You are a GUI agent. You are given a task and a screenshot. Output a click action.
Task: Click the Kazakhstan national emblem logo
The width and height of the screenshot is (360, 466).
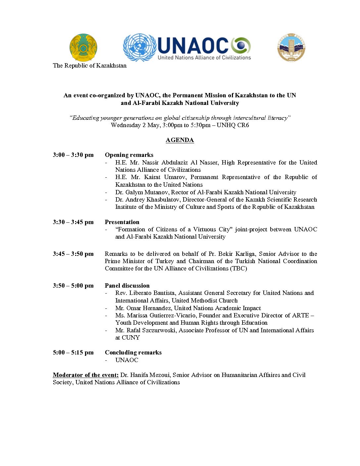(83, 47)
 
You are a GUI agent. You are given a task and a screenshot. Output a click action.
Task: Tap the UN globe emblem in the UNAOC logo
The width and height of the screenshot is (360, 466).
(139, 47)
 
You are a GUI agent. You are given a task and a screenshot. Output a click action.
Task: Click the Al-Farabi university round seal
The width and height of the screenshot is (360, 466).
(291, 47)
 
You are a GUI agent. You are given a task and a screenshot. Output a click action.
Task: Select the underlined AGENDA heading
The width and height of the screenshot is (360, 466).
(180, 140)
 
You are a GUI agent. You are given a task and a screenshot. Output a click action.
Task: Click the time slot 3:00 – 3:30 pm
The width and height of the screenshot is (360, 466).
(73, 155)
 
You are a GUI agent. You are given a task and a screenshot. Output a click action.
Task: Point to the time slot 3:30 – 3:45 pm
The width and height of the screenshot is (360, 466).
(73, 222)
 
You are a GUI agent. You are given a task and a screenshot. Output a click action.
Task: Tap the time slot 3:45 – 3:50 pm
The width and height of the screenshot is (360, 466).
(73, 254)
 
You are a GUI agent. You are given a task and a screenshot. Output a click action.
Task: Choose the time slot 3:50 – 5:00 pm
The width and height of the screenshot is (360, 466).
(73, 286)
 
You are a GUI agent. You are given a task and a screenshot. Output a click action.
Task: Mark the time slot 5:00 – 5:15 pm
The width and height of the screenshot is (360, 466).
(73, 352)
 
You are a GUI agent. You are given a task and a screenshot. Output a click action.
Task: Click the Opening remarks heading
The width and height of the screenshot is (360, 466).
(129, 155)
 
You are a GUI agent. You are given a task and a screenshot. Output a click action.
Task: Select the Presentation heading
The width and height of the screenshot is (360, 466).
(122, 222)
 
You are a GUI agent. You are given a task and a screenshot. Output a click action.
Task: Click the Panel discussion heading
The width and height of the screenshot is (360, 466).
(127, 286)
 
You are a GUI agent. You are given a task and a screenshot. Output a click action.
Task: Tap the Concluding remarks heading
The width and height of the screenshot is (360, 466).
(133, 352)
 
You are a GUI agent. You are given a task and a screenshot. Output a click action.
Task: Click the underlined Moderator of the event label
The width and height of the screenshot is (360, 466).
(86, 375)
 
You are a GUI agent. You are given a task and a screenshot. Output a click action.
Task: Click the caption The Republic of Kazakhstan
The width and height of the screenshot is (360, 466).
(90, 66)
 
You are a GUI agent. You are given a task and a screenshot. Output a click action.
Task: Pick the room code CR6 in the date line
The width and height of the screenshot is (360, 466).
(243, 125)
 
